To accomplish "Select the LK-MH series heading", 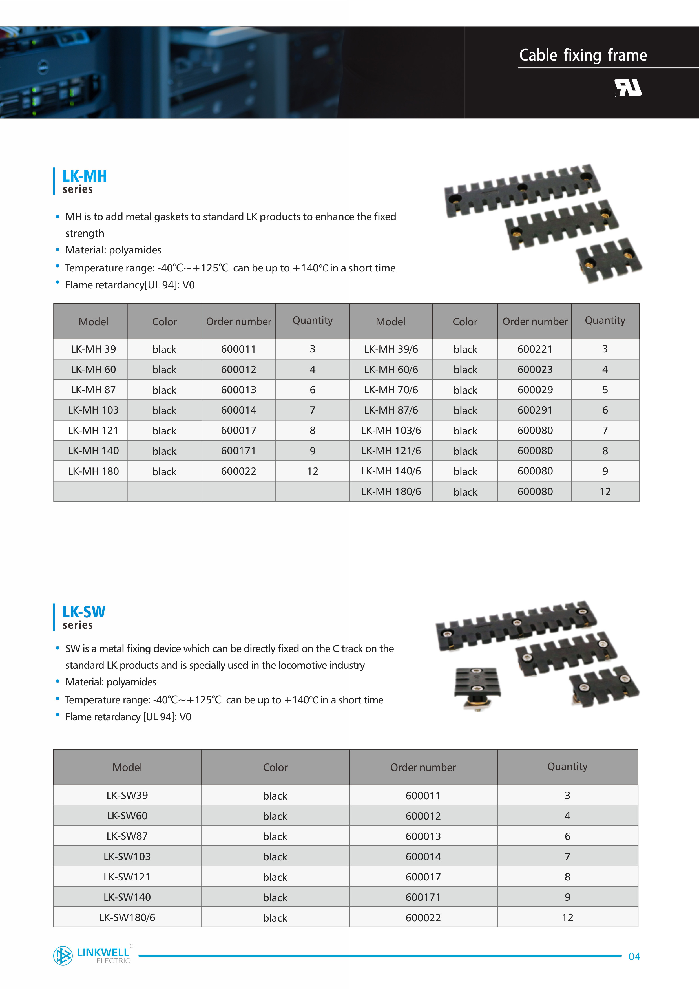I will pyautogui.click(x=84, y=181).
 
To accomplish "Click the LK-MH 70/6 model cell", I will pyautogui.click(x=391, y=390).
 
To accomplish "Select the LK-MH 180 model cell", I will pyautogui.click(x=93, y=471).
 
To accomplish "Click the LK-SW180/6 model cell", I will pyautogui.click(x=127, y=917).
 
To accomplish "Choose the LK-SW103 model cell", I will pyautogui.click(x=127, y=856).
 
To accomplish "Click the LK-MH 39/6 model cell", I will pyautogui.click(x=391, y=349).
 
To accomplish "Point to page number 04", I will pyautogui.click(x=634, y=956).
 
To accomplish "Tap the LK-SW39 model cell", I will pyautogui.click(x=127, y=795).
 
